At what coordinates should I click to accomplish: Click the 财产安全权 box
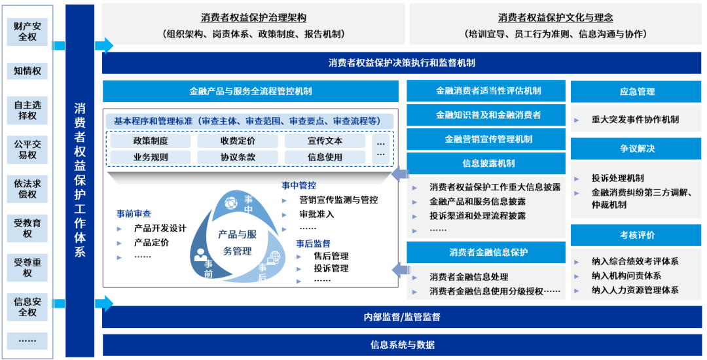point(27,31)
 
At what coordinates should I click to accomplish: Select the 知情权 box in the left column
point(27,71)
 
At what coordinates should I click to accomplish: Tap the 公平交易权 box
point(27,149)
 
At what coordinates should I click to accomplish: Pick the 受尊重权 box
point(27,268)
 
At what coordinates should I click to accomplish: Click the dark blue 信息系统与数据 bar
point(402,345)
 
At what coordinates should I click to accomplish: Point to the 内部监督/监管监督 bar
point(402,317)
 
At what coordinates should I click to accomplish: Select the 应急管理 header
point(636,92)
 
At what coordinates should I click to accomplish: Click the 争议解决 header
point(636,149)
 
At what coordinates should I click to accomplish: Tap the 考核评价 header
point(636,235)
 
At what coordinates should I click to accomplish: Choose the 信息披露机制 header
point(486,163)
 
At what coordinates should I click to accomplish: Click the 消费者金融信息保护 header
point(486,253)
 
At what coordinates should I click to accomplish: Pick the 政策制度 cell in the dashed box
point(151,141)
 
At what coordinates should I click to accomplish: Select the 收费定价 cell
point(238,141)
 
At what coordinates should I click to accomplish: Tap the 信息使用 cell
point(325,157)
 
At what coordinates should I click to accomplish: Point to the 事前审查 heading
point(134,213)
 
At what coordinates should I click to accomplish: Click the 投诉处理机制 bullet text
point(617,178)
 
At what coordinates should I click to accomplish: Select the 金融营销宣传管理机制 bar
point(486,139)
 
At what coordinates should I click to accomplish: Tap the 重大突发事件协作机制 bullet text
point(635,119)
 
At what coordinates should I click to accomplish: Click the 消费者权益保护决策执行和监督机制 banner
point(402,63)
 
